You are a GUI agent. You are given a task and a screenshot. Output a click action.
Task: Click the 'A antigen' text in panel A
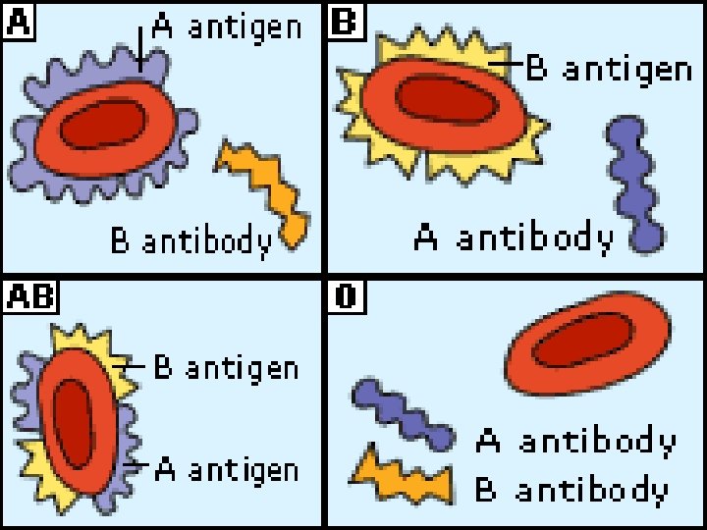227,27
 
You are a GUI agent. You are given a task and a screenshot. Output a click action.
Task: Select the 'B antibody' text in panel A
190,241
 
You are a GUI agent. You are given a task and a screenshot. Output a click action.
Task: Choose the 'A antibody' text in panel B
513,238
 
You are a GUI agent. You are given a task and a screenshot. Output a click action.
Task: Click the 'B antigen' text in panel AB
227,368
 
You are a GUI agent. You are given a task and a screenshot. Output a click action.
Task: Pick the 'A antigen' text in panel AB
227,470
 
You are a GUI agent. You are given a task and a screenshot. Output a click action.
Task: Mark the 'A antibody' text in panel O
575,442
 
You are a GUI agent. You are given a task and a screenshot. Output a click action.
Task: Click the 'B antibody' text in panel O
571,489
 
